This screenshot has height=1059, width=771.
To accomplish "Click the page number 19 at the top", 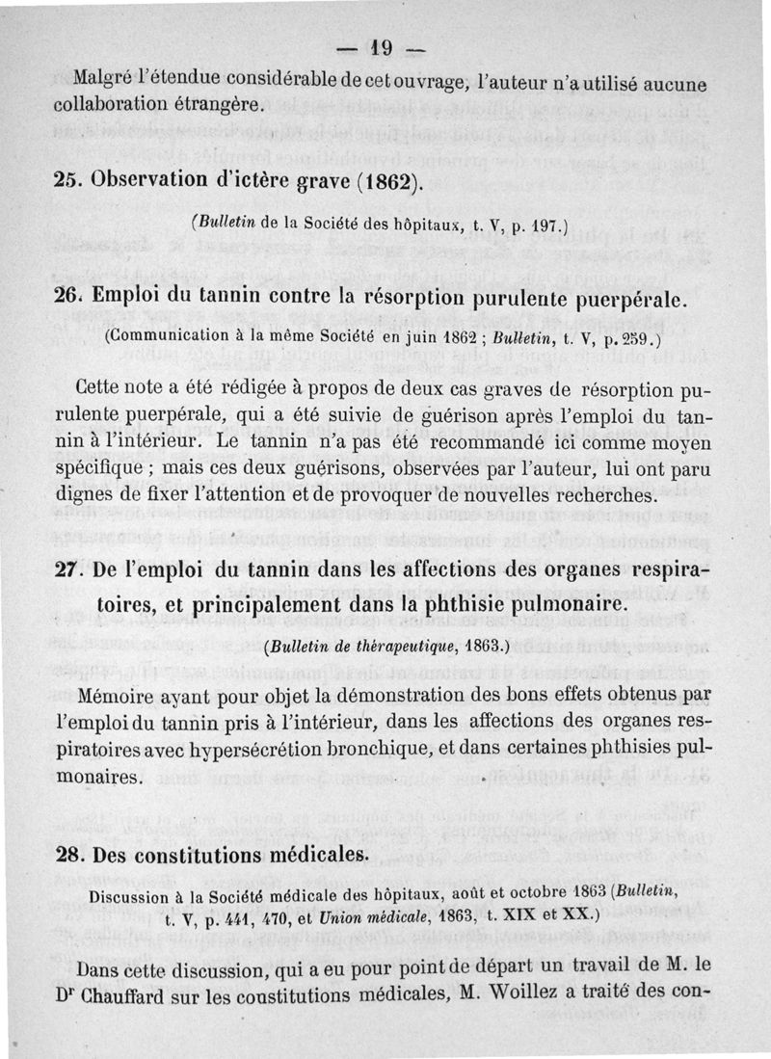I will (385, 46).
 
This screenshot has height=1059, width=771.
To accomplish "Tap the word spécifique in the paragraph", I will (122, 470).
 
